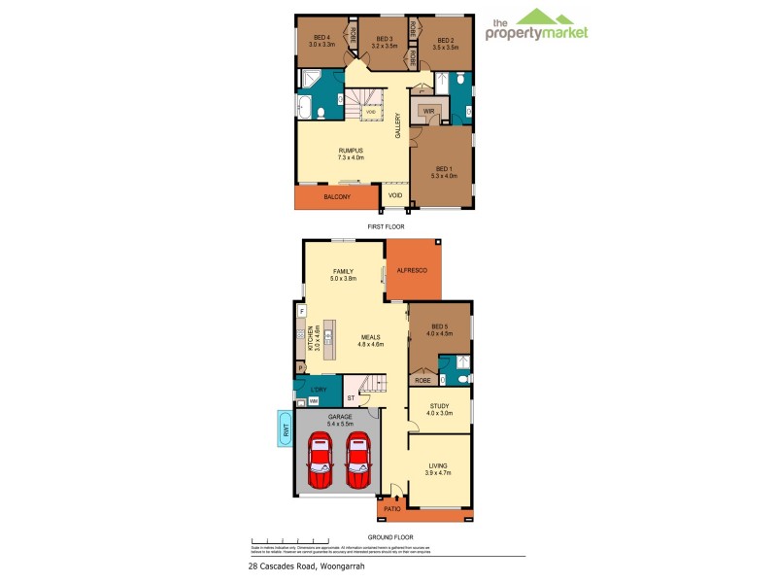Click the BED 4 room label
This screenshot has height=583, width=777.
point(321,40)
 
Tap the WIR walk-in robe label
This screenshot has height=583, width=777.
point(427,112)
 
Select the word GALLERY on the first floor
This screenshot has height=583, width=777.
point(397,126)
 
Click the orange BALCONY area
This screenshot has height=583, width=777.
point(336,197)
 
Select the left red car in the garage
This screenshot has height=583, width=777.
point(321,461)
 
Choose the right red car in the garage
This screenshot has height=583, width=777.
point(358,461)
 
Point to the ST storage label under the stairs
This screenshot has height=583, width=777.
point(350,397)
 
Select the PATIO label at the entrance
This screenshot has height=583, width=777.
point(392,508)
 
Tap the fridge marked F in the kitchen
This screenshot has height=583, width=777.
point(302,310)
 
